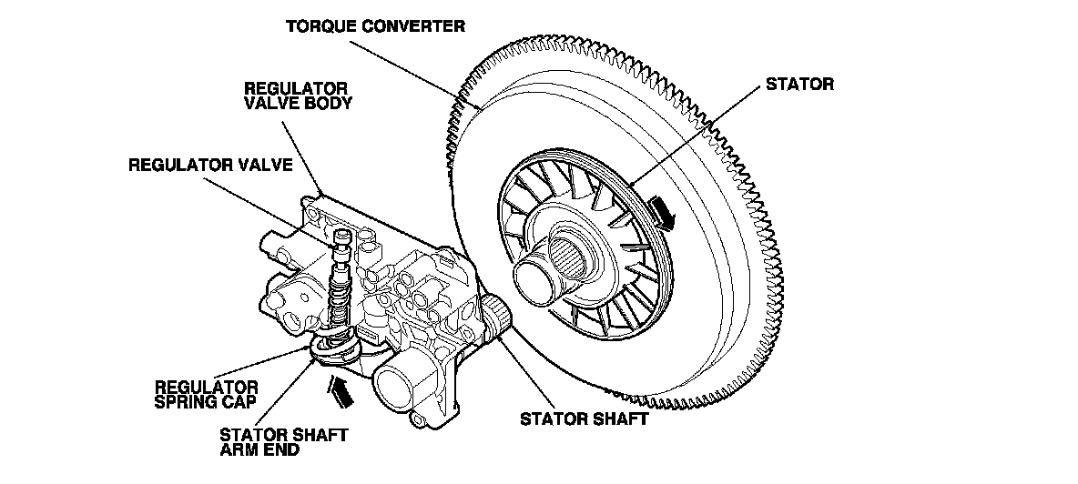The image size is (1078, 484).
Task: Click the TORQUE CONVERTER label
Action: point(375,26)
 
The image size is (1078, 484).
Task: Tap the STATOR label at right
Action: point(799,85)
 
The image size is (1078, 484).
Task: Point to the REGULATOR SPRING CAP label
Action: point(206,393)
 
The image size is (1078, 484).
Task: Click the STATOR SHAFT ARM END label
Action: point(283,442)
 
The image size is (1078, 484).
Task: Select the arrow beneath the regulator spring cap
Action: point(339,391)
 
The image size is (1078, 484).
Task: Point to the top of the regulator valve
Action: point(342,239)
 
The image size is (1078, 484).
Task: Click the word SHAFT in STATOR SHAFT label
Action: point(615,419)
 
